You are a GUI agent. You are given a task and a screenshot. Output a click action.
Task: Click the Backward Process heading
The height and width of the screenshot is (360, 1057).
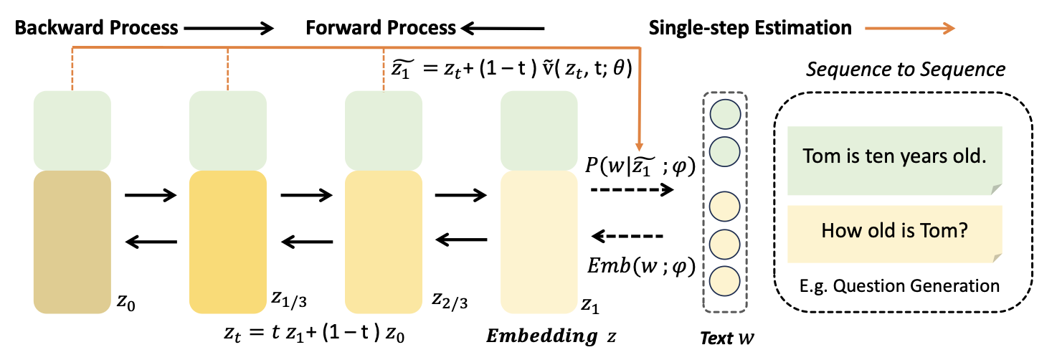[97, 28]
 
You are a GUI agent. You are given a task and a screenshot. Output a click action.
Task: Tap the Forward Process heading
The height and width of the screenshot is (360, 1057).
[380, 28]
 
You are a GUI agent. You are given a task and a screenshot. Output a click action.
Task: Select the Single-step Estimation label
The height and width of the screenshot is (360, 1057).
[750, 28]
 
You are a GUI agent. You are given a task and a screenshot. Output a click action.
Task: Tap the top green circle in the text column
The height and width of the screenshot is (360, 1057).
[724, 115]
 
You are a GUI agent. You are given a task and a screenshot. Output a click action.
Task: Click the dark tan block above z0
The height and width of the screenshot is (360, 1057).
[72, 241]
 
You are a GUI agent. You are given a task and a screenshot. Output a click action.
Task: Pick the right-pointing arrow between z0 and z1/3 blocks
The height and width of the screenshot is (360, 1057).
[150, 194]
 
